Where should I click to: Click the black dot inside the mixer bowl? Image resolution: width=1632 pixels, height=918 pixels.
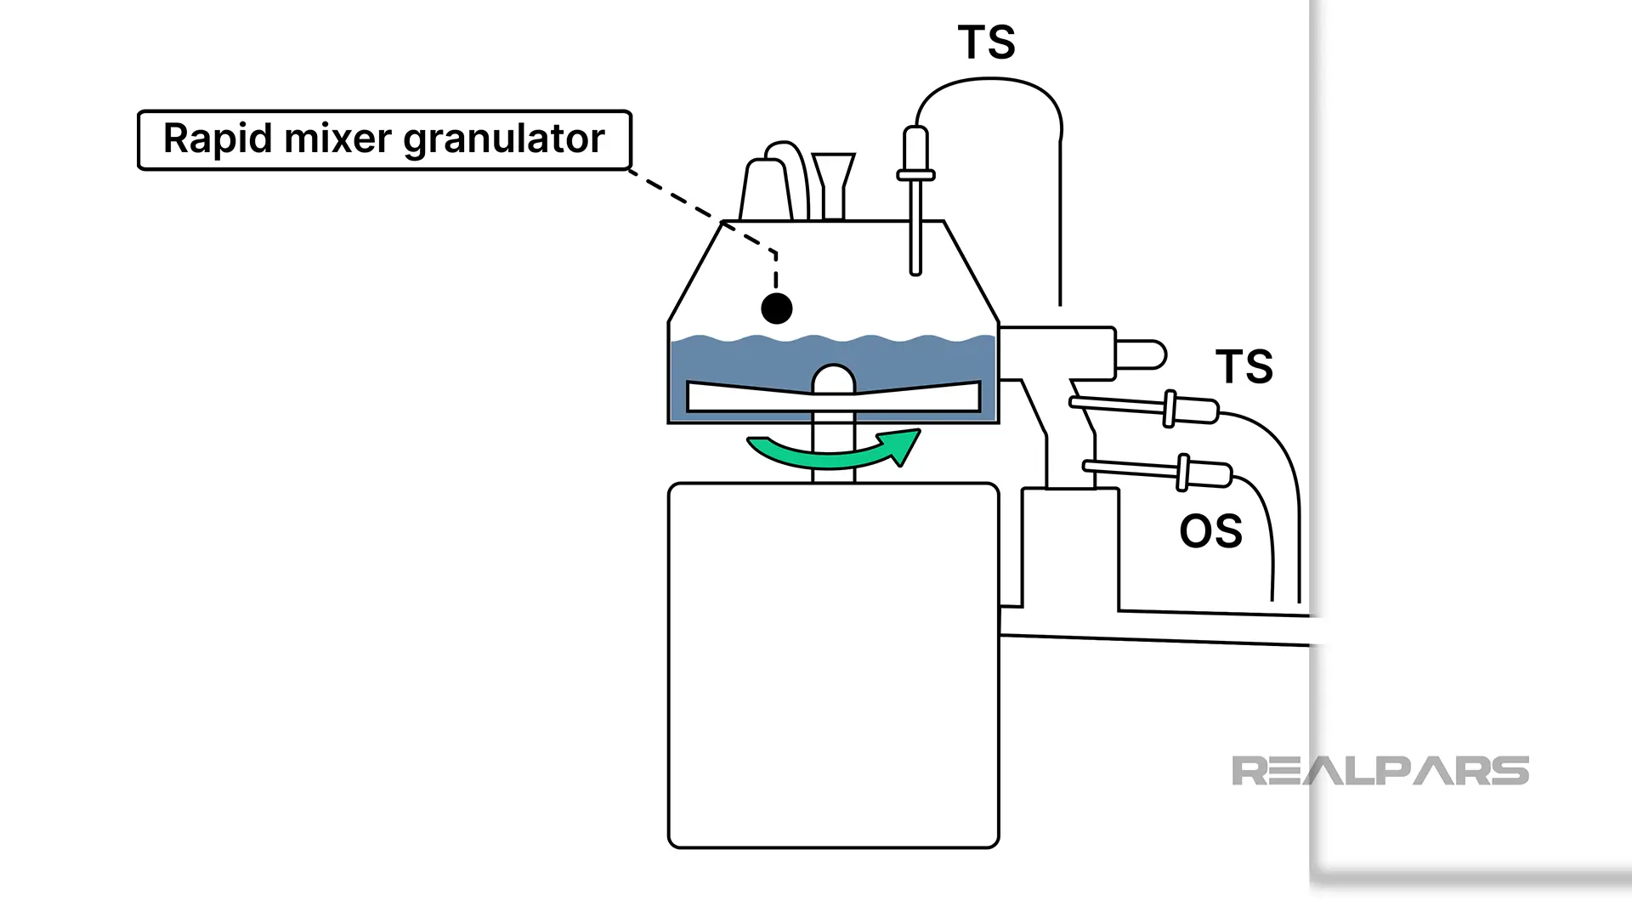pyautogui.click(x=776, y=309)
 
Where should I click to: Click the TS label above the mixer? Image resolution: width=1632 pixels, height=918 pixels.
pyautogui.click(x=986, y=42)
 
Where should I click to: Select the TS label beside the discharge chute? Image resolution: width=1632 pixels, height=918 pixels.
pyautogui.click(x=1244, y=366)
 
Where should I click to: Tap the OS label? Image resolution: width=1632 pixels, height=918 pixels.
pyautogui.click(x=1210, y=531)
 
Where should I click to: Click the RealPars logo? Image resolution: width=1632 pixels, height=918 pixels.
pyautogui.click(x=1380, y=771)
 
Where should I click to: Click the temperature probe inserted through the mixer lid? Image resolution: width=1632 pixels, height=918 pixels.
pyautogui.click(x=915, y=204)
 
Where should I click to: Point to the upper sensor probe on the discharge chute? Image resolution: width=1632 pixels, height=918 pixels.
pyautogui.click(x=1147, y=408)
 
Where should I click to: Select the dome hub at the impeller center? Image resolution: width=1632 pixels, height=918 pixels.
pyautogui.click(x=834, y=379)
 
